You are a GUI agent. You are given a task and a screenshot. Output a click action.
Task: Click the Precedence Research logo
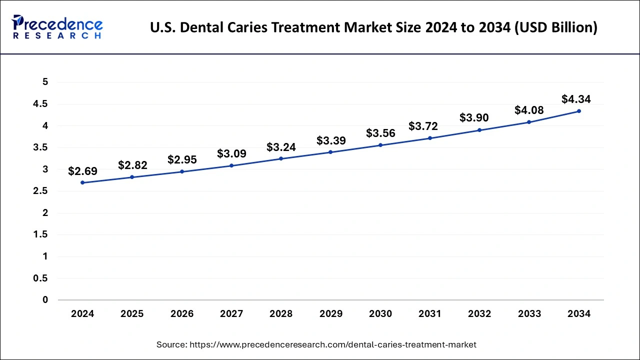57,27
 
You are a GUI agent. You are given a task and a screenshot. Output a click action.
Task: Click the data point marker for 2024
82,182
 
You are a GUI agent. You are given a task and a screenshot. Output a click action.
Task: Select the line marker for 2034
579,111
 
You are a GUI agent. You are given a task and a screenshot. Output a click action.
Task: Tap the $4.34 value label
576,99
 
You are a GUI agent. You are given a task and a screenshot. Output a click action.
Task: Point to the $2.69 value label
83,171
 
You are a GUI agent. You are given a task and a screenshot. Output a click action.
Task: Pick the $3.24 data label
281,147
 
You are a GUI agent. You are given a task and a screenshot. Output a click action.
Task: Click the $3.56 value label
380,133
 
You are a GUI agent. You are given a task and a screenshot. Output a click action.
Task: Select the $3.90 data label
474,117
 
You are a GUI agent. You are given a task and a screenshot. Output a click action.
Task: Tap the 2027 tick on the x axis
231,314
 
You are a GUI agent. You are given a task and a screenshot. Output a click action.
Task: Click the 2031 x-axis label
430,314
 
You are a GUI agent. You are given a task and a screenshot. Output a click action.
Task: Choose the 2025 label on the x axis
132,314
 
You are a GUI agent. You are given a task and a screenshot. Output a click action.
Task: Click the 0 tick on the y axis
45,300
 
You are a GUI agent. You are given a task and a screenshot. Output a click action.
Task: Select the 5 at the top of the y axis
45,82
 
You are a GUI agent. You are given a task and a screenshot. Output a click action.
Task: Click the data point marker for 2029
330,152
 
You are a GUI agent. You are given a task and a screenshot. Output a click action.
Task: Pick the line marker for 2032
479,130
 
